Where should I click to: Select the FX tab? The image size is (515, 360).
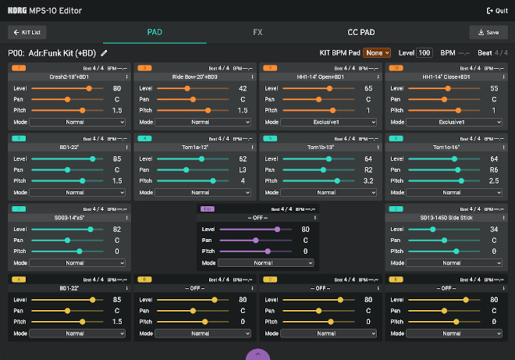257,32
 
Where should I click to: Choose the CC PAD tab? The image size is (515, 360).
361,32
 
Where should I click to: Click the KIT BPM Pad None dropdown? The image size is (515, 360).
376,52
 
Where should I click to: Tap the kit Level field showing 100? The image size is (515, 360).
424,52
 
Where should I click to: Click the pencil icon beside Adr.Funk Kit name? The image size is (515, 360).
105,53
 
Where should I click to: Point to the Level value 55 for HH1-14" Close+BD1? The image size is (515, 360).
494,88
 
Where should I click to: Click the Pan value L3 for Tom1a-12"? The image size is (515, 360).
243,169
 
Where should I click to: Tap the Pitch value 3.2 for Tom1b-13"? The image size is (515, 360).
368,180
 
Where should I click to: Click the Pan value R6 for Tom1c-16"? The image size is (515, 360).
494,169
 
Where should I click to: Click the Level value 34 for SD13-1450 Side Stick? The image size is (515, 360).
494,229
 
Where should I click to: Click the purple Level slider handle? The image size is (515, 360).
277,229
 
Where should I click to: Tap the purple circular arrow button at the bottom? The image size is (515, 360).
257,355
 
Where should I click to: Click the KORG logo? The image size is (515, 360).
18,11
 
